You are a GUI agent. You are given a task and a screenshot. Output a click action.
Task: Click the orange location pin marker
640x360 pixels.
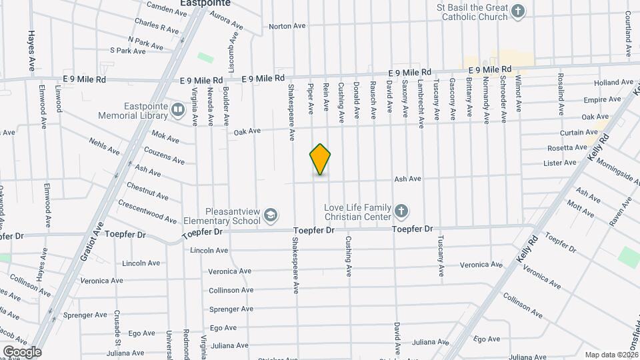pyautogui.click(x=320, y=159)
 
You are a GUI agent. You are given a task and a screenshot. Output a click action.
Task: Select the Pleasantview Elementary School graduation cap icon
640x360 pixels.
pyautogui.click(x=270, y=215)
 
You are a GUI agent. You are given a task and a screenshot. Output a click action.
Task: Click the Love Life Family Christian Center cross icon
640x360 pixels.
pyautogui.click(x=400, y=211)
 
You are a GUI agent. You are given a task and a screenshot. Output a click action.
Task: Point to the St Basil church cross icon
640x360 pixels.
pyautogui.click(x=518, y=11)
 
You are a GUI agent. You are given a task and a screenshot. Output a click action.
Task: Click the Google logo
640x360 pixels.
pyautogui.click(x=21, y=351)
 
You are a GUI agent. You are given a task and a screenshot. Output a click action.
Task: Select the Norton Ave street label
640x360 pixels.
pyautogui.click(x=287, y=27)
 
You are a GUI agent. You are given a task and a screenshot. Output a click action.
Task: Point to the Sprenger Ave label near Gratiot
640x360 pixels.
pyautogui.click(x=85, y=315)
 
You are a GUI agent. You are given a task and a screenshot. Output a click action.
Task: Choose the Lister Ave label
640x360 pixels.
pyautogui.click(x=560, y=163)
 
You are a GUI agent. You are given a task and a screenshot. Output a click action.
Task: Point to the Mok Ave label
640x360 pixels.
pyautogui.click(x=165, y=139)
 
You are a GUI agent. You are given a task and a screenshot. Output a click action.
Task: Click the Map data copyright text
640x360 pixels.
pyautogui.click(x=611, y=355)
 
